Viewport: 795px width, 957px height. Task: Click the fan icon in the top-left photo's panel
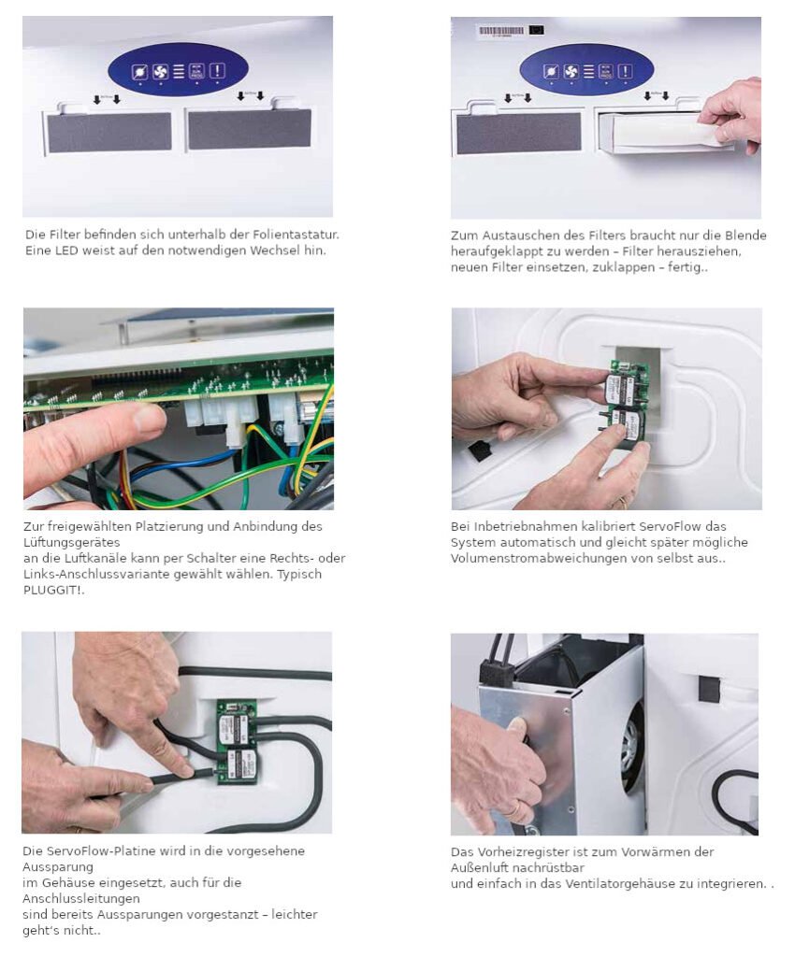click(x=160, y=72)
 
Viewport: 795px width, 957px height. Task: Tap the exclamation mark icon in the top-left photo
click(x=217, y=71)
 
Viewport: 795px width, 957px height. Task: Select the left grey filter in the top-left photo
click(x=109, y=133)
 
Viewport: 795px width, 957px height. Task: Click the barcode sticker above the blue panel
click(x=501, y=31)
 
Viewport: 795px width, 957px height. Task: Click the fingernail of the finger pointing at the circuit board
click(x=150, y=418)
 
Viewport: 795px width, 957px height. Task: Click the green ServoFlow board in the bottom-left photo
click(x=238, y=743)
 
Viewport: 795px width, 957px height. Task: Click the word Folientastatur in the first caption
click(x=302, y=235)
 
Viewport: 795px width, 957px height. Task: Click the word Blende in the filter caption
click(x=746, y=236)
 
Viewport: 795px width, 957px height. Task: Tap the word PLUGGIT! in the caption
click(x=53, y=591)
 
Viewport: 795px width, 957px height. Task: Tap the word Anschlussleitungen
click(x=81, y=898)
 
